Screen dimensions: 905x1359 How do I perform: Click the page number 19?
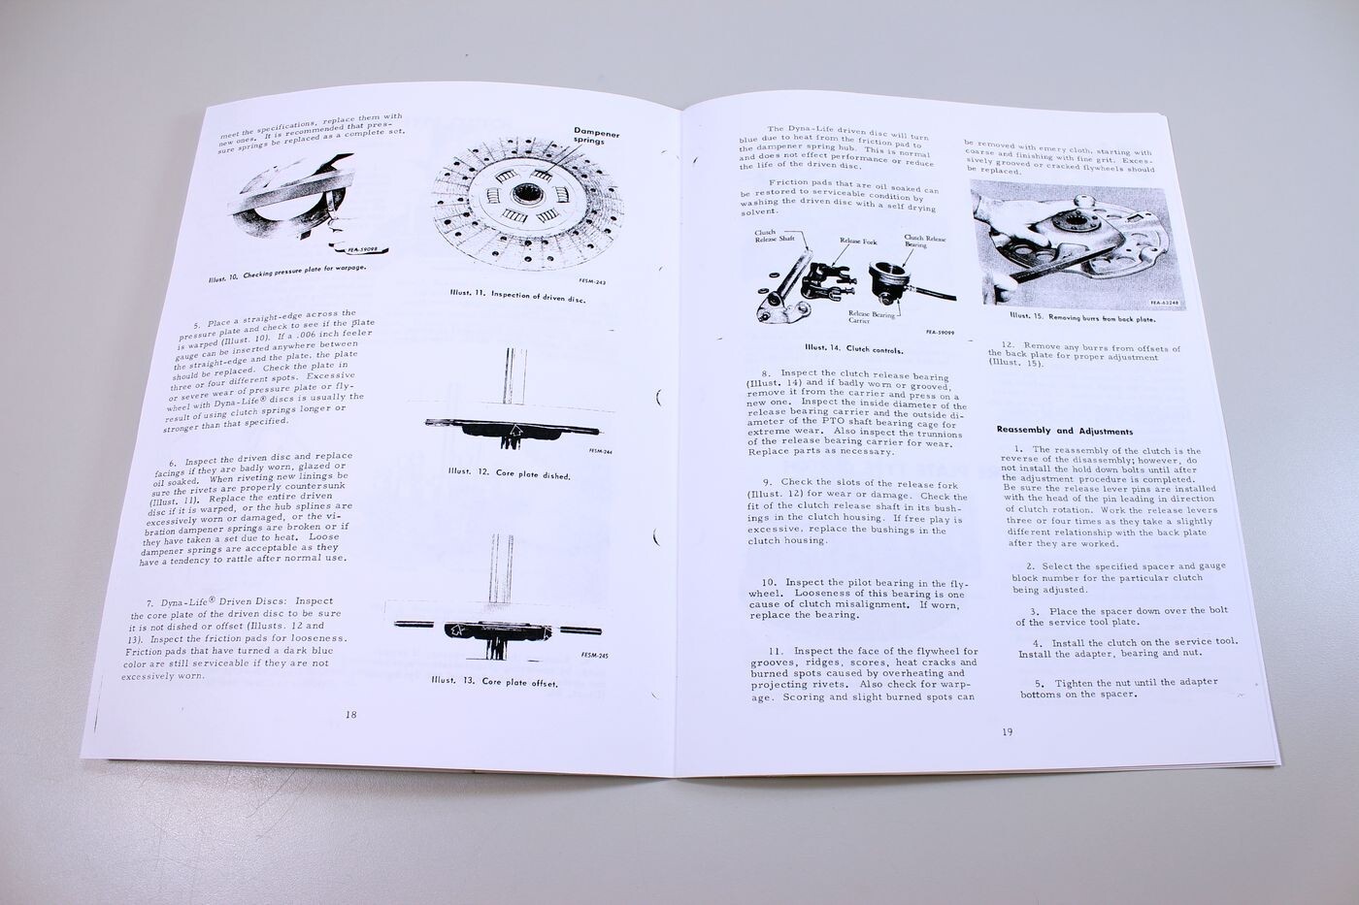[1007, 731]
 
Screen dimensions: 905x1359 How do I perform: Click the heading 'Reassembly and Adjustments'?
[1065, 430]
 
